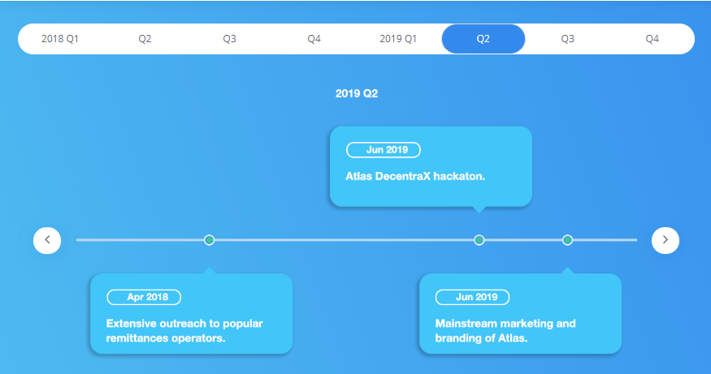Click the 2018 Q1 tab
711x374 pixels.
coord(60,39)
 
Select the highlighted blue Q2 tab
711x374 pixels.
coord(483,39)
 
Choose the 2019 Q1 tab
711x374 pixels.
coord(398,39)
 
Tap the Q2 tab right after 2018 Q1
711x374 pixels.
coord(145,39)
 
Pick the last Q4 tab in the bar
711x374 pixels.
coord(652,39)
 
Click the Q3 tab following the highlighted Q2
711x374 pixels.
coord(567,39)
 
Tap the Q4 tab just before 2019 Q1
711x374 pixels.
coord(314,39)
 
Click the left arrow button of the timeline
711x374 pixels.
coord(47,240)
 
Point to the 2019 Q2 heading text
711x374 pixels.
coord(357,93)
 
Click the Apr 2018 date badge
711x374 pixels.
coord(144,297)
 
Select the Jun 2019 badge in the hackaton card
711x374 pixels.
coord(384,150)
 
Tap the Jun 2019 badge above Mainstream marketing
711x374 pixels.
coord(472,297)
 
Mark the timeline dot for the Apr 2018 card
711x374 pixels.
coord(209,240)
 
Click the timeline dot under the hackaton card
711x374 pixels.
coord(479,240)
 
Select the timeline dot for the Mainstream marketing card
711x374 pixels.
coord(567,240)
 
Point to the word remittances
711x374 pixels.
coord(132,338)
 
